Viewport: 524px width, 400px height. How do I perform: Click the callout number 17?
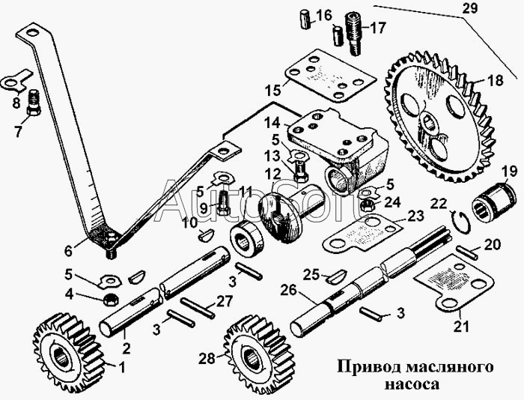(x=377, y=29)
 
